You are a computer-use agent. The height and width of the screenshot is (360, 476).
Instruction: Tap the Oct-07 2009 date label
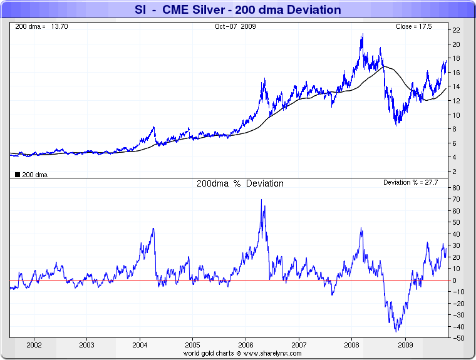point(235,26)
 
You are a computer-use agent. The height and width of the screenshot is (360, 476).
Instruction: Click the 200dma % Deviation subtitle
point(240,183)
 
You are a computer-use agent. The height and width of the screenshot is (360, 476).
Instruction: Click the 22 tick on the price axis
point(457,30)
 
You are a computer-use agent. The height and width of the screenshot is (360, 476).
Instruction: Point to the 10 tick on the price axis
point(457,115)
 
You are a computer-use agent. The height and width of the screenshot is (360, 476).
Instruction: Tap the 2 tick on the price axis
point(457,171)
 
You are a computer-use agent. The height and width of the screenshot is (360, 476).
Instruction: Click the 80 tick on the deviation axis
point(457,188)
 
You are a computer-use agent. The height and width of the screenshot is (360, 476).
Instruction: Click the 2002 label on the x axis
point(34,345)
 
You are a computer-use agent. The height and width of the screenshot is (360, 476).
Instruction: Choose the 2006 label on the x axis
point(246,345)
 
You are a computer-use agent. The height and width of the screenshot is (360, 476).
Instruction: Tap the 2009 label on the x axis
point(405,345)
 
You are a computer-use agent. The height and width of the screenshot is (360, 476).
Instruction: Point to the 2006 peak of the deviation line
point(261,200)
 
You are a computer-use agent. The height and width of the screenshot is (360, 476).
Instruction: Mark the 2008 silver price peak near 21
point(362,34)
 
